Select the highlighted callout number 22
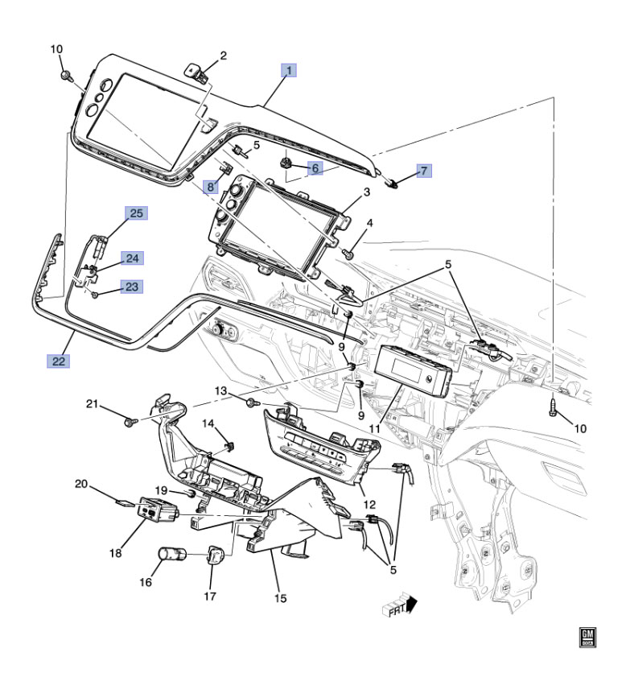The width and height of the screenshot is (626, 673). click(57, 361)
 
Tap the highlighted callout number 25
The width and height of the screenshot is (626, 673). click(137, 213)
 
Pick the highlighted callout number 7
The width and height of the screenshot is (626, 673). click(424, 170)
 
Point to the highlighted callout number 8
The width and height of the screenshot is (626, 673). click(209, 187)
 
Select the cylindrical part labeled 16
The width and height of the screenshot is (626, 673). click(171, 554)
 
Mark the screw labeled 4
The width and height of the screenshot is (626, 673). click(348, 254)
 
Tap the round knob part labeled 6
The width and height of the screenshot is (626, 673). click(286, 163)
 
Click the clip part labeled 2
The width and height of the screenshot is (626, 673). click(200, 72)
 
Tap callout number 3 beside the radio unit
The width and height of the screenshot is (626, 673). click(366, 192)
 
